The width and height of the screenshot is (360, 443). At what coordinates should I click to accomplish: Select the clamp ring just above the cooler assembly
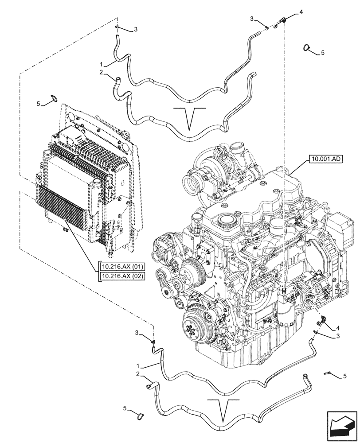[53, 98]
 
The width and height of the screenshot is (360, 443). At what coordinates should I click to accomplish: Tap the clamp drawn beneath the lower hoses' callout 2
[141, 415]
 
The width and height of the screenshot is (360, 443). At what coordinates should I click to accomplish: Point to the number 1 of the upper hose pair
[102, 64]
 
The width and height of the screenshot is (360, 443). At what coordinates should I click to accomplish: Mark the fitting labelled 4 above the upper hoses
[282, 19]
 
